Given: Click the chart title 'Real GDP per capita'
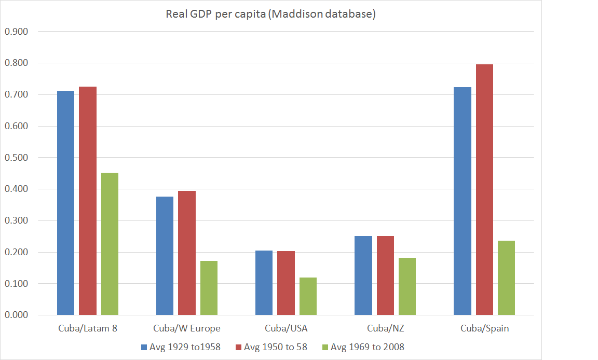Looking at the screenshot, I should click(x=270, y=14).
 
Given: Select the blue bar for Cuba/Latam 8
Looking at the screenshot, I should click(x=65, y=203).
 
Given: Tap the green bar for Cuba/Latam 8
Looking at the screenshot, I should click(x=110, y=244).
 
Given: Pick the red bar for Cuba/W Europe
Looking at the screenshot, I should click(x=187, y=253).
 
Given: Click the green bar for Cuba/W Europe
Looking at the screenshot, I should click(x=209, y=288).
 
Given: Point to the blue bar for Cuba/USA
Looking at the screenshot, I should click(x=264, y=283).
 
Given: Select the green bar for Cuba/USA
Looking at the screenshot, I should click(x=308, y=296).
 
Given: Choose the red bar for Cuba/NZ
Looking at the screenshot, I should click(x=385, y=275).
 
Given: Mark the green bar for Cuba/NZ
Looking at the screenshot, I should click(x=407, y=286).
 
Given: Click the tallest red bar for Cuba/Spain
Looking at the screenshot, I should click(x=484, y=189).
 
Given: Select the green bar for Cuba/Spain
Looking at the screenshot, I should click(x=506, y=278).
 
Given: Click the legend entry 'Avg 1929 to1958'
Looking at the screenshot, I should click(x=181, y=347).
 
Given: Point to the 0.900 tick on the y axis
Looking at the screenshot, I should click(x=16, y=32).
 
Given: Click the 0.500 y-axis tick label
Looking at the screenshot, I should click(x=16, y=158).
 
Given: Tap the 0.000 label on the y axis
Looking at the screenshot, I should click(x=16, y=315).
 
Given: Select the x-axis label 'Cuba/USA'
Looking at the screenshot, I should click(x=286, y=328).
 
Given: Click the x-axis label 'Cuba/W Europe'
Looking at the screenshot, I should click(x=187, y=328).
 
